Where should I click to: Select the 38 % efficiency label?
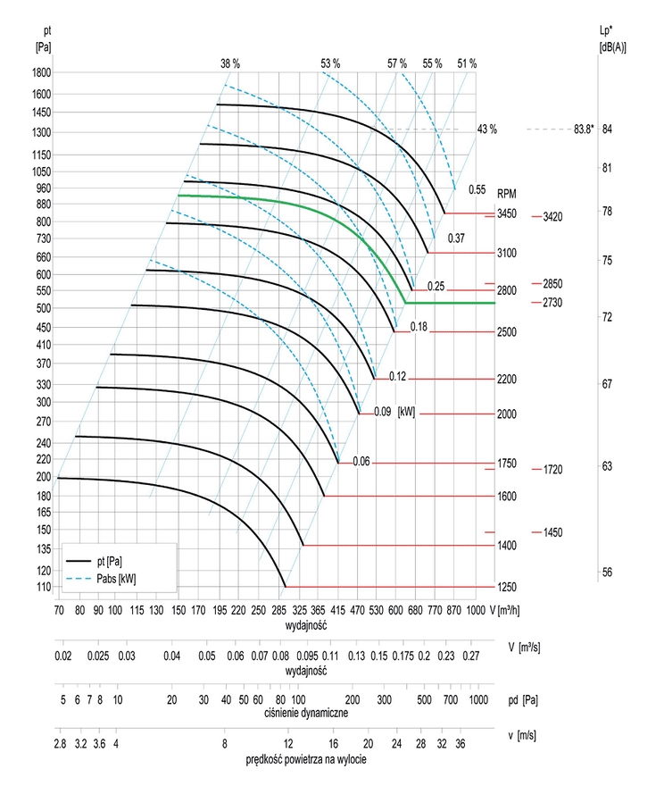point(230,63)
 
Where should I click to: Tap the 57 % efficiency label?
point(397,63)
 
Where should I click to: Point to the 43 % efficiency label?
point(487,130)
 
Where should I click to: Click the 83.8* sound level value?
point(585,130)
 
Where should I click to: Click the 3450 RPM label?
point(507,214)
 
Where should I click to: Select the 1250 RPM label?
point(507,587)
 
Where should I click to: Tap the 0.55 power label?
point(477,189)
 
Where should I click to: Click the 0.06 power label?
point(361,462)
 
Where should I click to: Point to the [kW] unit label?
point(406,412)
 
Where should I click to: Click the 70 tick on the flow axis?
point(59,609)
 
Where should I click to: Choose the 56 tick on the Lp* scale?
point(607,573)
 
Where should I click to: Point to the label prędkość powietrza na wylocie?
point(306,759)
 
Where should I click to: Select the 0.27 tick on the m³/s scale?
point(471,656)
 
